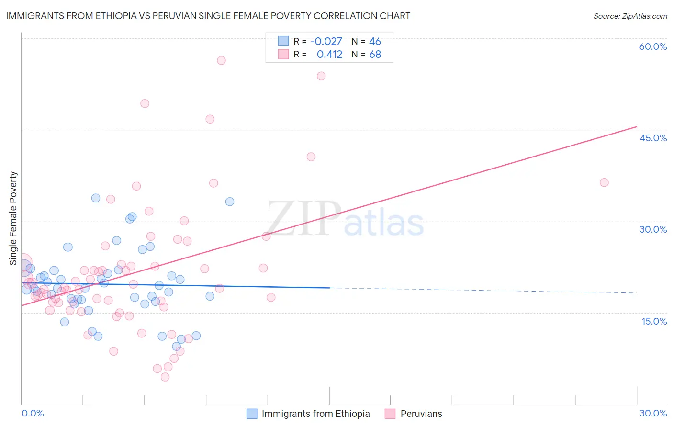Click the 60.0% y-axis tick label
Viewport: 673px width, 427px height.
point(653,46)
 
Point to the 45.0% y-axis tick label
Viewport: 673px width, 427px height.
point(653,138)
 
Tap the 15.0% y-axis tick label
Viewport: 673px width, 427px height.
point(654,321)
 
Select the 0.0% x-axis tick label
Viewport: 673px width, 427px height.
point(33,413)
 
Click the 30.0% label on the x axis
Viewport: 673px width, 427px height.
point(653,413)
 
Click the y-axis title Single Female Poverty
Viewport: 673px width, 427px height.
point(13,218)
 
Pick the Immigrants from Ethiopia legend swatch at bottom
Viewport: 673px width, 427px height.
point(252,414)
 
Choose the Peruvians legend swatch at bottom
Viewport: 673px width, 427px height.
point(390,414)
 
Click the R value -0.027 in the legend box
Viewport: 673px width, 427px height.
point(326,42)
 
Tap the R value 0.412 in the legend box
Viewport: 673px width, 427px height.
point(329,55)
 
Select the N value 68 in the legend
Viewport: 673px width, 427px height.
point(375,55)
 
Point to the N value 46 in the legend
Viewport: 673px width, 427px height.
point(375,42)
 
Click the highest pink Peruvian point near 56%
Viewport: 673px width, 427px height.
point(221,60)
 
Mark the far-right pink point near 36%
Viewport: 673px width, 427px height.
point(604,182)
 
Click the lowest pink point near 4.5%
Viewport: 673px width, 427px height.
point(165,377)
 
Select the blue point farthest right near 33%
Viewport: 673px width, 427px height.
point(230,202)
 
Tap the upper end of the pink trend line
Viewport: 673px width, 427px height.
point(637,126)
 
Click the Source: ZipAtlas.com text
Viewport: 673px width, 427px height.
point(630,16)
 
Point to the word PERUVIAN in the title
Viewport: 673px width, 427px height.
point(175,16)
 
